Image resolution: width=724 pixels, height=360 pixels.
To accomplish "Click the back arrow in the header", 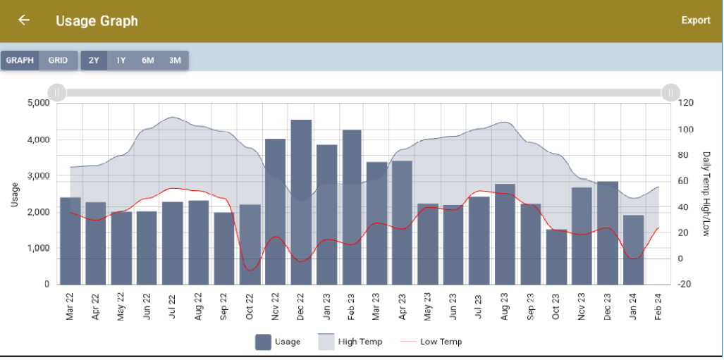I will [24, 20].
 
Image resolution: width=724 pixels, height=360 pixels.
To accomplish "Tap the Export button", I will [695, 20].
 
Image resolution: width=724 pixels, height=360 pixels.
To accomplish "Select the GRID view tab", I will [58, 61].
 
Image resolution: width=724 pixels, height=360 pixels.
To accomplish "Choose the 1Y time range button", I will [121, 61].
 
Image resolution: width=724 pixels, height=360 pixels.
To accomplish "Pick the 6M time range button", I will [147, 61].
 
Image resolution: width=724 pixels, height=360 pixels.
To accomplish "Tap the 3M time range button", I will [175, 61].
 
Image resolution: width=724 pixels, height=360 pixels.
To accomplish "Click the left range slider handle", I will [56, 92].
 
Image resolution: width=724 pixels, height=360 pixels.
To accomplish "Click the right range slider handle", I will [670, 92].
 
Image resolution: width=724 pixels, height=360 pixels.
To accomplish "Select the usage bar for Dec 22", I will [301, 204].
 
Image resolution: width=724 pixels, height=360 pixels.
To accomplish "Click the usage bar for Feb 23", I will [352, 208].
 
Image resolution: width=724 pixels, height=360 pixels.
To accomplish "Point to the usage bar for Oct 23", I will [556, 257].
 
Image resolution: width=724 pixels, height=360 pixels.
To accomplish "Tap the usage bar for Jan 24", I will [633, 250].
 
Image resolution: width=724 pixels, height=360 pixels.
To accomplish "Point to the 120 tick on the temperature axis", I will [686, 103].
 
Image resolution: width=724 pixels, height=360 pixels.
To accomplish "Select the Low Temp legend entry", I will [431, 342].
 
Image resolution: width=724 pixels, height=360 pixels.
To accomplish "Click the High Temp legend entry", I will [350, 342].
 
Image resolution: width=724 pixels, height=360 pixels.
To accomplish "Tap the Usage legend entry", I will [278, 342].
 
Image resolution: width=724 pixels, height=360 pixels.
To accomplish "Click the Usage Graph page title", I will [97, 20].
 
